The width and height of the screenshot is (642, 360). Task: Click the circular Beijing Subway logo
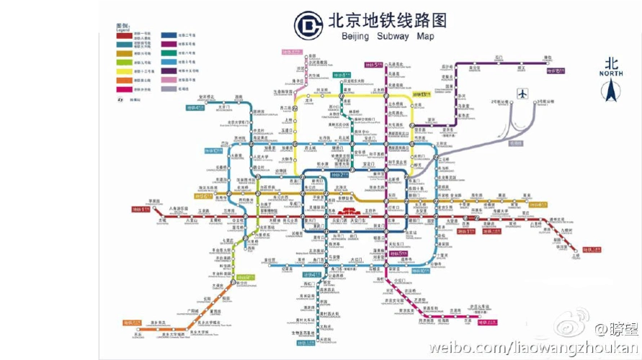tap(308, 27)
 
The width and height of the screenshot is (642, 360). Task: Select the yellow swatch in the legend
tap(123, 71)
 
